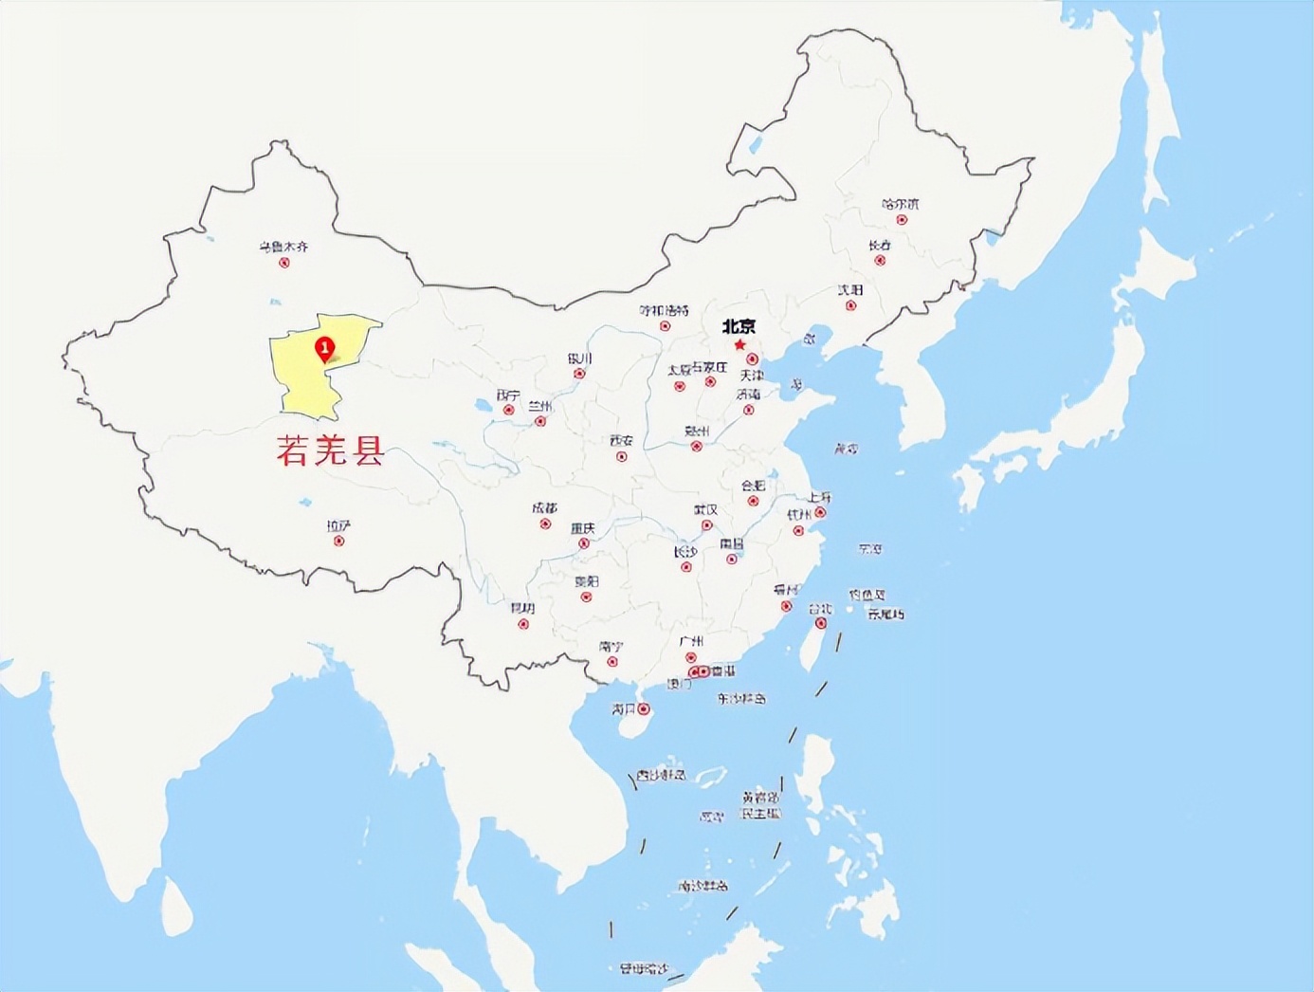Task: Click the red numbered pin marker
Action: (325, 349)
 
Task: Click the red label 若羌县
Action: (330, 450)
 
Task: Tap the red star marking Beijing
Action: (739, 344)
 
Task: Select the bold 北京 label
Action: (739, 326)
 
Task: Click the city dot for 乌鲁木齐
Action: (283, 263)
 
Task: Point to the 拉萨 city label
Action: (338, 525)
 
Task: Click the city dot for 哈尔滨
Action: (902, 220)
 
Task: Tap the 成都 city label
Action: (545, 508)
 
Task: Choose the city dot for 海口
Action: (644, 708)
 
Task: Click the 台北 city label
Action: (821, 608)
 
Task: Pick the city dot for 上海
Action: (821, 513)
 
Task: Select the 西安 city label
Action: (621, 441)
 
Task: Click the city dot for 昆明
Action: (522, 624)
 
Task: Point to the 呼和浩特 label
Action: (664, 310)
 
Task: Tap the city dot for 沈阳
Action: (850, 305)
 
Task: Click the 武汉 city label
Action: (705, 510)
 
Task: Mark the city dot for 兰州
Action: (540, 421)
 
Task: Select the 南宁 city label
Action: (611, 646)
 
